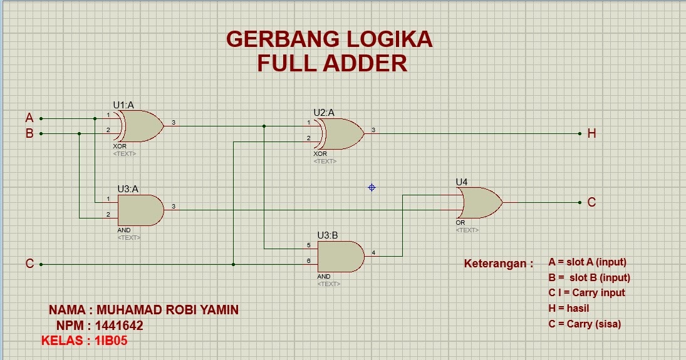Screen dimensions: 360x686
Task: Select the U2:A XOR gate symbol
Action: coord(340,133)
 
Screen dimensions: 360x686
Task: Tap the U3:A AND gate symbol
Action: coord(140,210)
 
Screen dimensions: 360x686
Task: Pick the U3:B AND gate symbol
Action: coord(340,256)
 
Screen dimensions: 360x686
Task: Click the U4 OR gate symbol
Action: coord(479,203)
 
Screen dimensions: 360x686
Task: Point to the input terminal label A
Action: coord(29,118)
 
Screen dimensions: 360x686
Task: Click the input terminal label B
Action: coord(29,133)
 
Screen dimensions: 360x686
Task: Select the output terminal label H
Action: coord(591,133)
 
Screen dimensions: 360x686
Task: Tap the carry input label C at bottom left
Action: coord(29,264)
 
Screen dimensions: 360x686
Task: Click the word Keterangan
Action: coord(498,264)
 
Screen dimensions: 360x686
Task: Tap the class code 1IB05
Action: coord(112,341)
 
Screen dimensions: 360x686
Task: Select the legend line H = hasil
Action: coord(568,308)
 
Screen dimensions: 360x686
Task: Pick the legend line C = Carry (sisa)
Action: coord(584,324)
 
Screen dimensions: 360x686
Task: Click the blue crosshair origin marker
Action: coord(372,187)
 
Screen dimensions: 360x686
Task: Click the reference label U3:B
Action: coord(328,235)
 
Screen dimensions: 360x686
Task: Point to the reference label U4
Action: coord(462,182)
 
